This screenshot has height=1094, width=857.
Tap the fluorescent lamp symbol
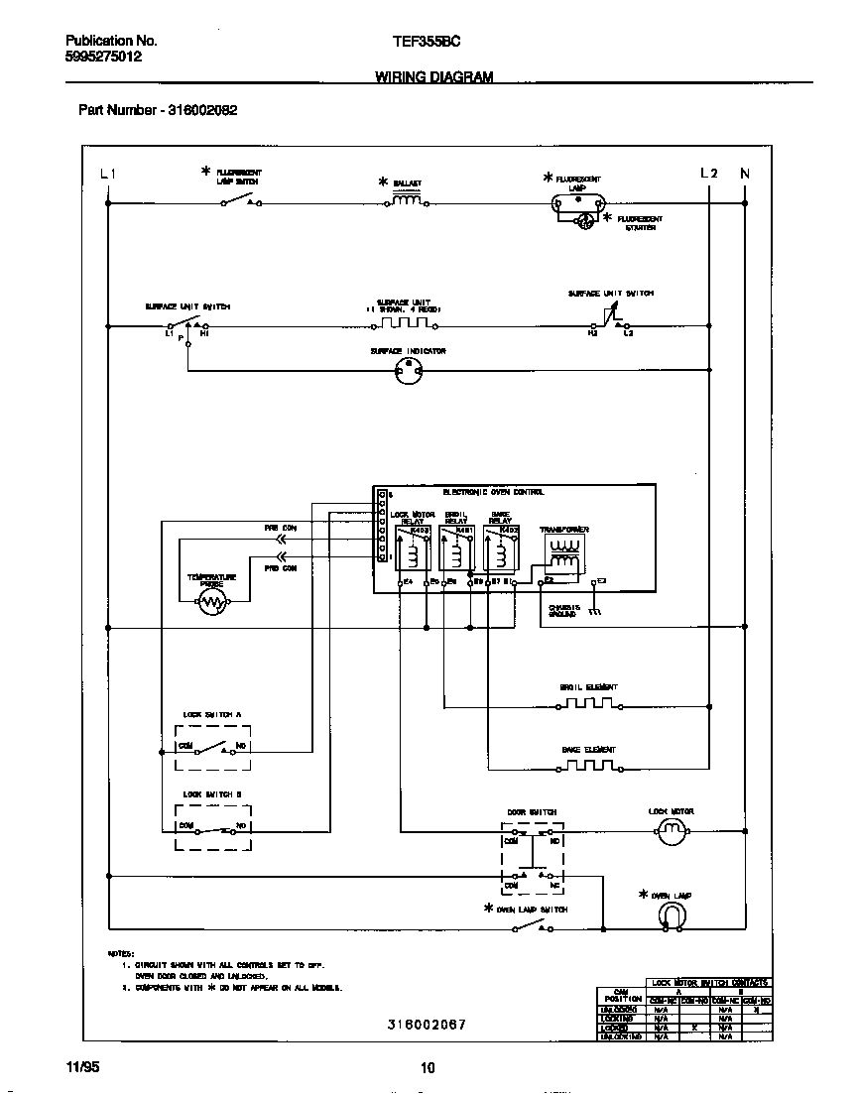click(x=576, y=203)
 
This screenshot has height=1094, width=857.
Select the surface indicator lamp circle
click(x=408, y=371)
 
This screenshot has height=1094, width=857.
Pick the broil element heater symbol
click(x=590, y=704)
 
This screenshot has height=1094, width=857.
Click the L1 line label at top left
click(x=108, y=174)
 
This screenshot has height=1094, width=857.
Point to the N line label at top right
click(x=745, y=174)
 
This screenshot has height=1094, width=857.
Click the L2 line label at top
click(x=708, y=174)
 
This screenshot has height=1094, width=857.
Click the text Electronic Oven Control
click(x=493, y=492)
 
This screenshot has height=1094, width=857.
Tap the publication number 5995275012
click(x=103, y=58)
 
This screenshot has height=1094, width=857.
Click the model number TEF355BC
click(x=427, y=42)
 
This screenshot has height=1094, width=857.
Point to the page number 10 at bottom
click(x=428, y=1068)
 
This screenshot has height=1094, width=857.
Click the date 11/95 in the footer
click(x=82, y=1067)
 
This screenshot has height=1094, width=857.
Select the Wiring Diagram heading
click(x=433, y=77)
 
